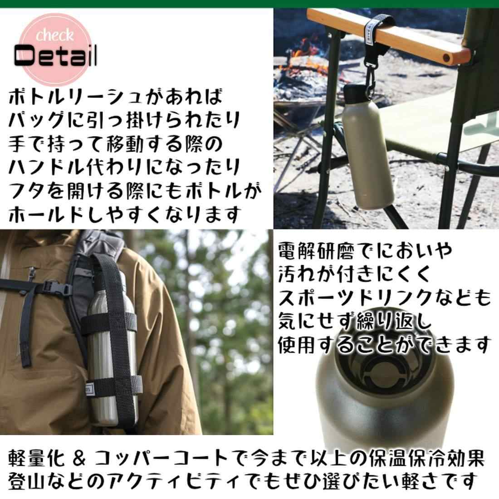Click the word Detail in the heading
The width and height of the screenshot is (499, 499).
pyautogui.click(x=55, y=56)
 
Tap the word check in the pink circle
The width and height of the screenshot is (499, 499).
pyautogui.click(x=54, y=35)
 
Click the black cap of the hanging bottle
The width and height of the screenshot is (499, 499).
pyautogui.click(x=354, y=92)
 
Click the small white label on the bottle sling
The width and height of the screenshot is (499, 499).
pyautogui.click(x=92, y=386)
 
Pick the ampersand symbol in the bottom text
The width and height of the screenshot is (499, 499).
pyautogui.click(x=79, y=459)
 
